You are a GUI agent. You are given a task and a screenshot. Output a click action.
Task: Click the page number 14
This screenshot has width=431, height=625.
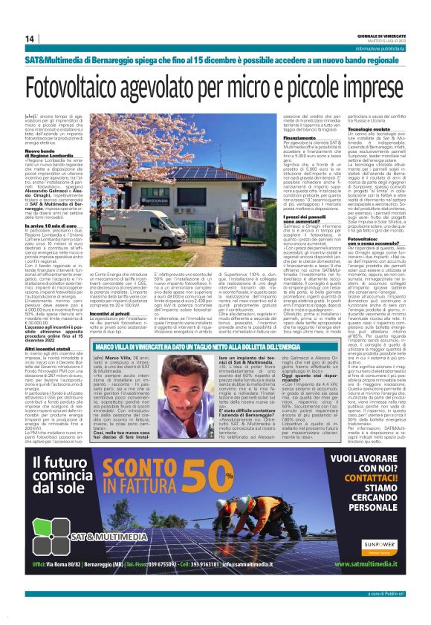coord(30,39)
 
